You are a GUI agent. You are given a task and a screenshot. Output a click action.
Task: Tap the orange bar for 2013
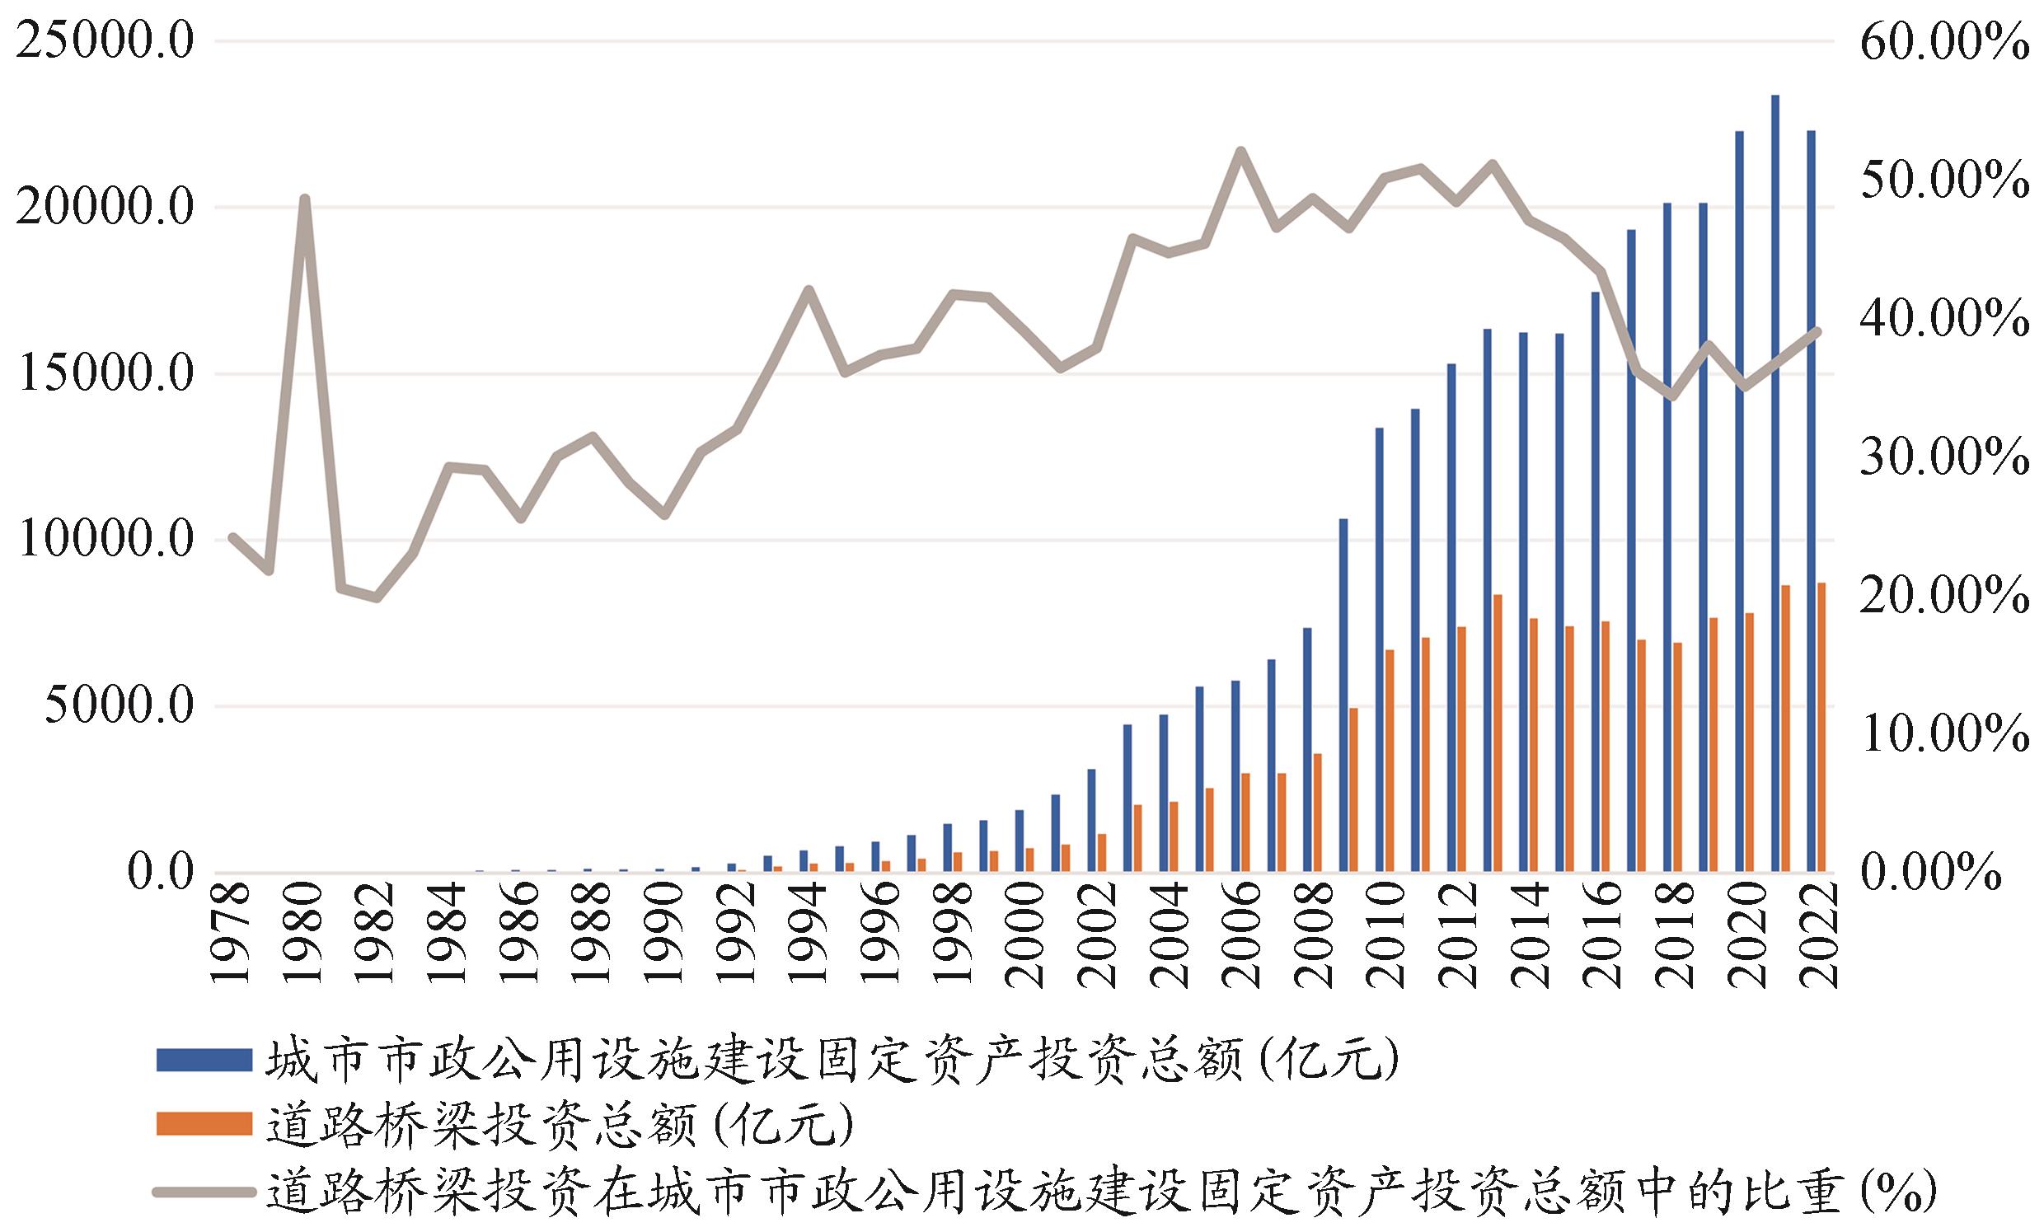tap(1498, 733)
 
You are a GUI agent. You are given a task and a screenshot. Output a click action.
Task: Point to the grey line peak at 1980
tap(304, 199)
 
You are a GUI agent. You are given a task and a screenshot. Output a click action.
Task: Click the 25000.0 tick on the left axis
tap(105, 41)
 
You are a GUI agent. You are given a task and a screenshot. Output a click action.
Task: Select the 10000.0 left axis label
tap(105, 540)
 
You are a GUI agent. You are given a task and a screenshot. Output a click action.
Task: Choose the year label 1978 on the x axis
tap(232, 934)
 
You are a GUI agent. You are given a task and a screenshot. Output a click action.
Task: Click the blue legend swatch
tap(204, 1060)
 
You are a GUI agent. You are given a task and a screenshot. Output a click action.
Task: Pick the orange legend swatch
tap(204, 1123)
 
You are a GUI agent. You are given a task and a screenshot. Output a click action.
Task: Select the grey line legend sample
tap(204, 1192)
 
